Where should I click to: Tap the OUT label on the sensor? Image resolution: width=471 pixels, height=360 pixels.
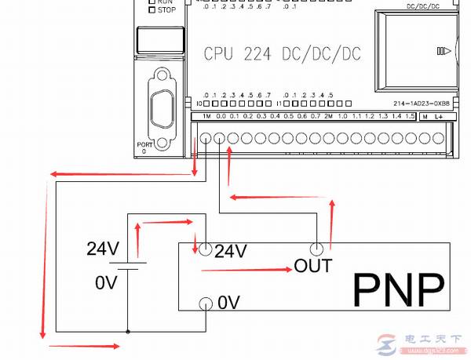pyautogui.click(x=312, y=266)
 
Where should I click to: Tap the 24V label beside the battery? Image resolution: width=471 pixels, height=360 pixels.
pyautogui.click(x=103, y=250)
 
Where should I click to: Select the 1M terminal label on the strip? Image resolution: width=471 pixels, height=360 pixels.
pyautogui.click(x=206, y=116)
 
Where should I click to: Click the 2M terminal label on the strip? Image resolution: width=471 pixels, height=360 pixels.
pyautogui.click(x=329, y=116)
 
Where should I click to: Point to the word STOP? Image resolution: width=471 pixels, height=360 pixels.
pyautogui.click(x=166, y=11)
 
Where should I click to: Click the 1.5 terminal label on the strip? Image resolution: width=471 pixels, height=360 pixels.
pyautogui.click(x=410, y=116)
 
